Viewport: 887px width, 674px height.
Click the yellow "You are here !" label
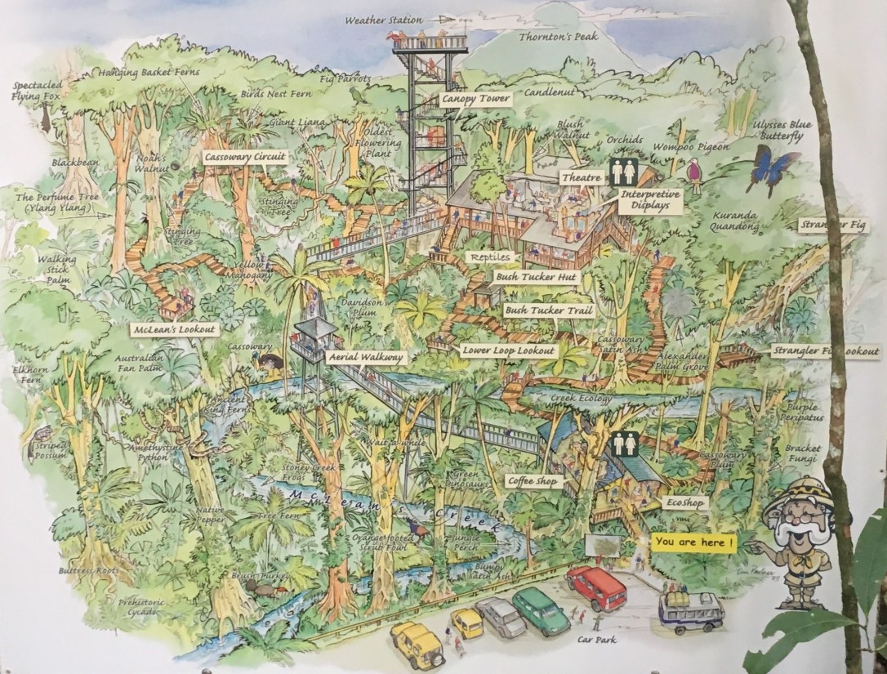click(x=693, y=542)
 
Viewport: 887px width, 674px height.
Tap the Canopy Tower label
click(x=475, y=99)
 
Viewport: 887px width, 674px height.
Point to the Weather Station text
click(x=384, y=20)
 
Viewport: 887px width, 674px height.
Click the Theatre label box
click(x=582, y=177)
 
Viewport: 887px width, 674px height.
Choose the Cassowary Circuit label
click(x=244, y=154)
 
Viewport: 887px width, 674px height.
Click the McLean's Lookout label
click(x=175, y=330)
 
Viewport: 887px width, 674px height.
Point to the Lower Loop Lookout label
click(x=508, y=350)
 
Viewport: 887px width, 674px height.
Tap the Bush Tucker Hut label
click(x=536, y=278)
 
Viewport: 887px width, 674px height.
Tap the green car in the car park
click(x=541, y=609)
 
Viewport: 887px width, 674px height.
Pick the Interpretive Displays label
click(x=650, y=200)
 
